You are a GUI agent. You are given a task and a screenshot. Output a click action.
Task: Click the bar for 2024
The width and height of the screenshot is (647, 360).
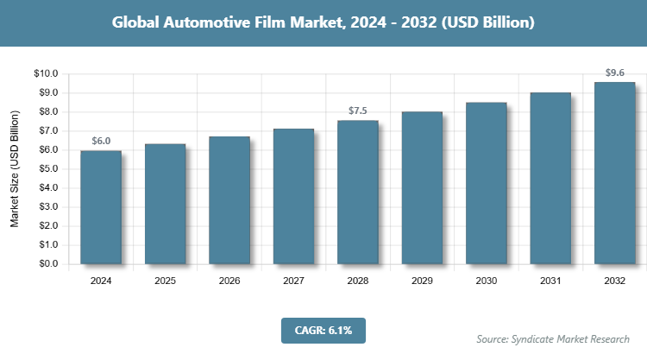pyautogui.click(x=101, y=207)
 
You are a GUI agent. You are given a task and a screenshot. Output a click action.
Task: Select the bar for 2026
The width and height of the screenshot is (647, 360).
pyautogui.click(x=229, y=200)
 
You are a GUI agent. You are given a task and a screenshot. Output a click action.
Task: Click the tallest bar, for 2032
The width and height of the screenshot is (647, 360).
pyautogui.click(x=614, y=173)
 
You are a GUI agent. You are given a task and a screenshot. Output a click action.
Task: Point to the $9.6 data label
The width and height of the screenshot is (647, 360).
pyautogui.click(x=614, y=73)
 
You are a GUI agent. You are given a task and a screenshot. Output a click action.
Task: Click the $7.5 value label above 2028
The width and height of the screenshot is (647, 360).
pyautogui.click(x=357, y=111)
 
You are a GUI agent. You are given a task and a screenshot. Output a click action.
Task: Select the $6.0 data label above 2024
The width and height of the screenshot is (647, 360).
pyautogui.click(x=101, y=141)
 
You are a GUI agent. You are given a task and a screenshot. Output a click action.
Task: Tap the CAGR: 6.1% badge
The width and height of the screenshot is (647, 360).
pyautogui.click(x=323, y=329)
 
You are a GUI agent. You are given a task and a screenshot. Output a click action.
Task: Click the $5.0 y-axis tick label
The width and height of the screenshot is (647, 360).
pyautogui.click(x=46, y=169)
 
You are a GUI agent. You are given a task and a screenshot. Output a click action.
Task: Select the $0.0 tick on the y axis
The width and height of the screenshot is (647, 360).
pyautogui.click(x=46, y=264)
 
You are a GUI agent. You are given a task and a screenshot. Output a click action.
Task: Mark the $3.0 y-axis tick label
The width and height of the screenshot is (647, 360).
pyautogui.click(x=46, y=207)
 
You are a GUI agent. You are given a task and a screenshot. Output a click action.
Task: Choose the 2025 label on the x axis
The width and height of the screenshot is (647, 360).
pyautogui.click(x=165, y=281)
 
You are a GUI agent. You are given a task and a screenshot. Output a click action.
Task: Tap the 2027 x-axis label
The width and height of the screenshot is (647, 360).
pyautogui.click(x=293, y=281)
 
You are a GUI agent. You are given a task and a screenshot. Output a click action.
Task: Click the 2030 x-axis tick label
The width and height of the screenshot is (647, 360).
pyautogui.click(x=486, y=281)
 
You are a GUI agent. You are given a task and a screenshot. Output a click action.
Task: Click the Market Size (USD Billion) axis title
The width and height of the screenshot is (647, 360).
pyautogui.click(x=15, y=169)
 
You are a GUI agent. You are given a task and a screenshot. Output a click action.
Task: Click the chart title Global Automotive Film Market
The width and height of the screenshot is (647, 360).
pyautogui.click(x=323, y=22)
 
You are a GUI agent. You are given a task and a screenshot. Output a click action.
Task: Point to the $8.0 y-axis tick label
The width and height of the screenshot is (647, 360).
pyautogui.click(x=46, y=112)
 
